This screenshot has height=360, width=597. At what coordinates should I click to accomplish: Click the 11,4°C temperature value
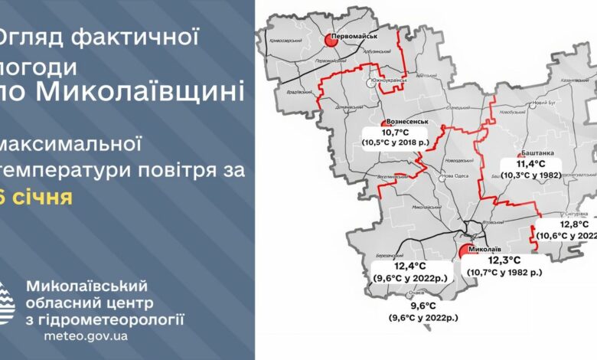click(x=530, y=164)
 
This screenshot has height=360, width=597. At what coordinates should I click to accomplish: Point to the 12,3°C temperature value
click(x=504, y=261)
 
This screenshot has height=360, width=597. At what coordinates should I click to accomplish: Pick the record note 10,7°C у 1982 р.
click(x=504, y=272)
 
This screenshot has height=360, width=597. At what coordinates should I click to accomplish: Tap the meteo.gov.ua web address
click(x=86, y=335)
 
